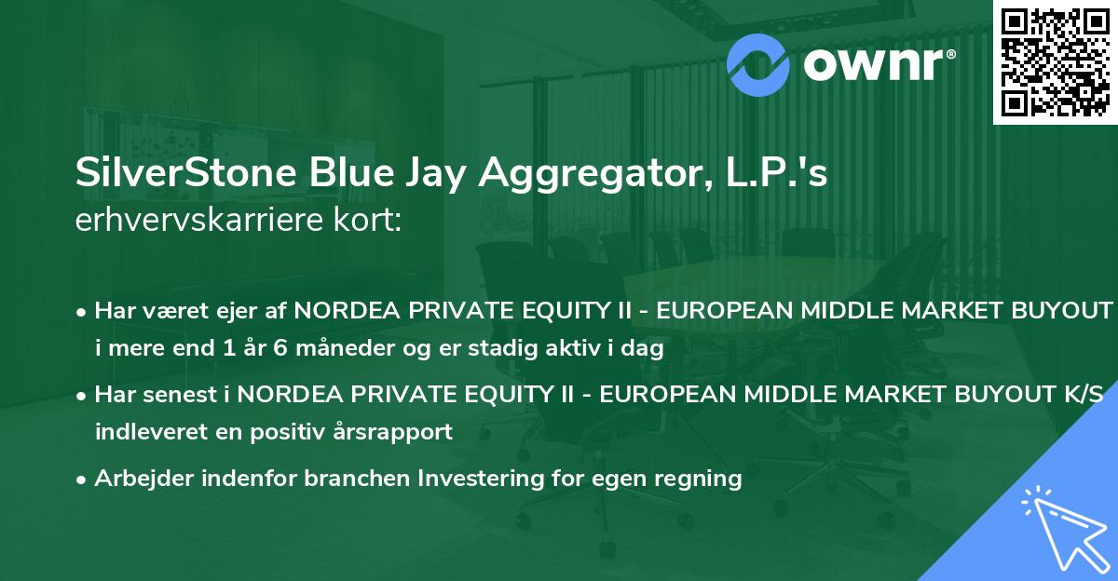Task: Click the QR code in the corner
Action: pyautogui.click(x=1055, y=61)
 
